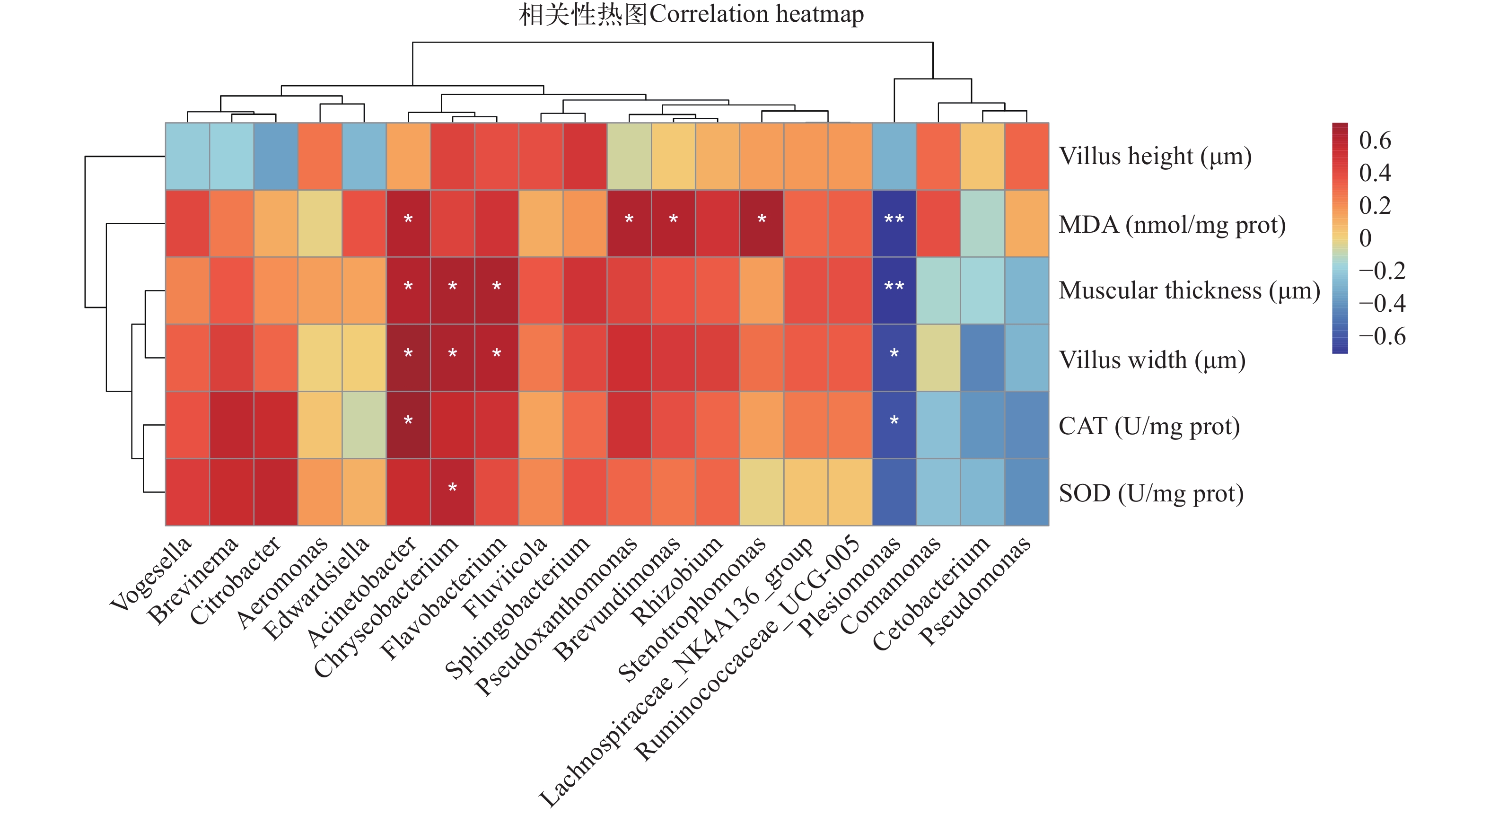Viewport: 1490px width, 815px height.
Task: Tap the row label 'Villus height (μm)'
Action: [1155, 156]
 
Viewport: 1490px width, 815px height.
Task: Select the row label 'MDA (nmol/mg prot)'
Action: [1172, 224]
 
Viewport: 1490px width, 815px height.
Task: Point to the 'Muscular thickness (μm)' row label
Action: [1189, 290]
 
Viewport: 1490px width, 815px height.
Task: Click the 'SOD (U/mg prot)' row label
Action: [1151, 493]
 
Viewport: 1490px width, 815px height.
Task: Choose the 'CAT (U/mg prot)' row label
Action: [1149, 426]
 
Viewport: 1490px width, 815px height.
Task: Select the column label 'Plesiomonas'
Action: [849, 586]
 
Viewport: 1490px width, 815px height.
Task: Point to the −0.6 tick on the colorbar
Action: [1382, 336]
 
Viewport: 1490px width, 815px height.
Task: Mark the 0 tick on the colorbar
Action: [1365, 238]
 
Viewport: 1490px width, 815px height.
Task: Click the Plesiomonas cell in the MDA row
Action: [894, 223]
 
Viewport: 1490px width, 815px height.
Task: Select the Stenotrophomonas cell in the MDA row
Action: [762, 223]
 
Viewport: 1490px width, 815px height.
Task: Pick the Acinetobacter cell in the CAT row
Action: [408, 425]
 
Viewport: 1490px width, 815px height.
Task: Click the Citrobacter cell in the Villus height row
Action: [276, 156]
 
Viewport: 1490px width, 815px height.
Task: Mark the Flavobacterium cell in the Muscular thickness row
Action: [497, 290]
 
